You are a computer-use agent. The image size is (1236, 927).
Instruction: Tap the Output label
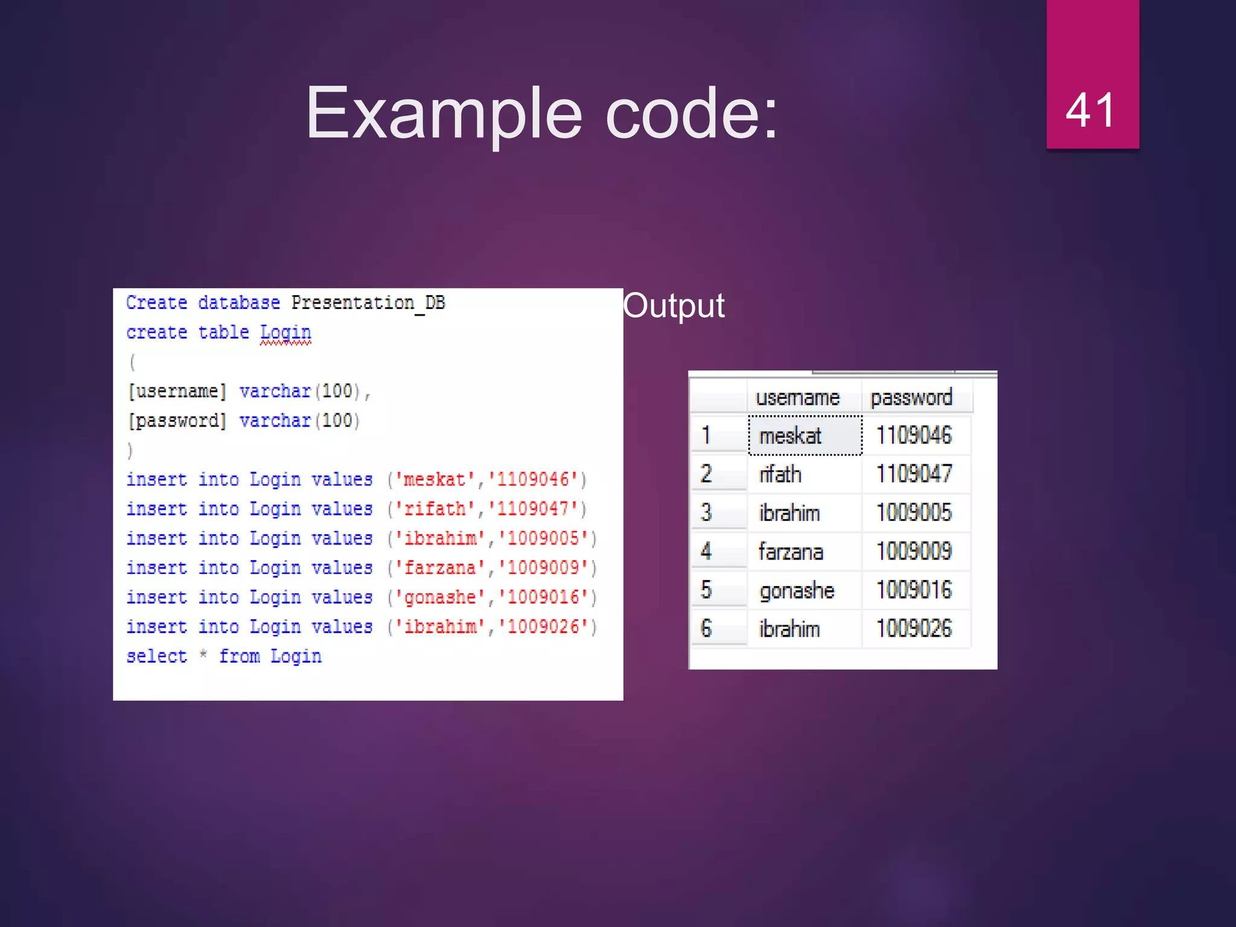point(674,305)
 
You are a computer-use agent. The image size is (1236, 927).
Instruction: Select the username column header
point(797,398)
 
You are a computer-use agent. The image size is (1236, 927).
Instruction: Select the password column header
point(911,398)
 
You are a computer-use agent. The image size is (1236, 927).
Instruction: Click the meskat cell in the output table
point(791,436)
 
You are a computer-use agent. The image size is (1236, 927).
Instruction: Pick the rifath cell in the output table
point(780,474)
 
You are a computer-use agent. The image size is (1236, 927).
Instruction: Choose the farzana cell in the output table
point(791,552)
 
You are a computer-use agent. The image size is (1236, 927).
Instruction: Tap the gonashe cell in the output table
point(797,590)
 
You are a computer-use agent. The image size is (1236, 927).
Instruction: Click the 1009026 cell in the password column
point(914,629)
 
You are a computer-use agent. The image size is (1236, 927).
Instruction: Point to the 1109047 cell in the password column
point(914,474)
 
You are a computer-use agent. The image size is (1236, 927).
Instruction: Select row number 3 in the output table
point(706,513)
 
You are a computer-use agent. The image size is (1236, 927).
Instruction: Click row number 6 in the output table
point(706,629)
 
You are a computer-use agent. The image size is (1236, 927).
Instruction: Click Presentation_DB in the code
point(368,302)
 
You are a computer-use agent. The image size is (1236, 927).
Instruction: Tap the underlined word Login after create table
point(285,333)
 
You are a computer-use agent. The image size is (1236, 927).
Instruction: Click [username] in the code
point(177,391)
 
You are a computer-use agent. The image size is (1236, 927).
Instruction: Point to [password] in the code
point(177,421)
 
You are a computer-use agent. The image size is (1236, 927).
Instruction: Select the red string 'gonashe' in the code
point(440,597)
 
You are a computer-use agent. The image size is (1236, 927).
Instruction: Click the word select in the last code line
point(156,656)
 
